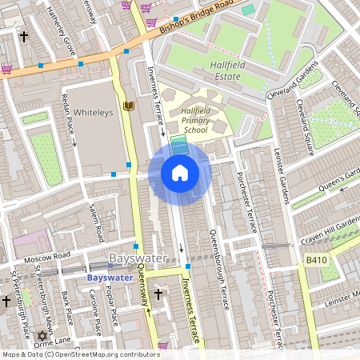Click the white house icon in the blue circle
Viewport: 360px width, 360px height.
click(180, 173)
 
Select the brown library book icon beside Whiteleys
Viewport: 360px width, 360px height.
click(128, 106)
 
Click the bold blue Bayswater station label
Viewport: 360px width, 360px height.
click(112, 277)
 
